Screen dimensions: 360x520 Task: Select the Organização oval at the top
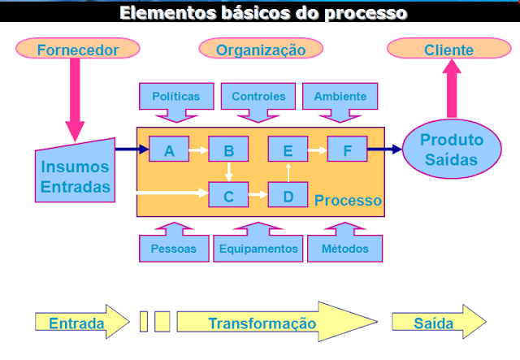coord(261,50)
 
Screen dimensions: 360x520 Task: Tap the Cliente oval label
coord(448,50)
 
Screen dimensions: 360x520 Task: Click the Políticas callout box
coord(175,97)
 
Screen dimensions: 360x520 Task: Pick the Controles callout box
coord(258,97)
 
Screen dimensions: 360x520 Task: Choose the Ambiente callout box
coord(340,97)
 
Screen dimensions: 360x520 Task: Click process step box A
coord(169,150)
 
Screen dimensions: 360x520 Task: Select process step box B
coord(228,150)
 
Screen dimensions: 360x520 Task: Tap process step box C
coord(228,194)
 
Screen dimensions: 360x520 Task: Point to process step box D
coord(288,194)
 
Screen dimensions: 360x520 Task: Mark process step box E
coord(288,150)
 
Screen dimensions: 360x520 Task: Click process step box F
coord(348,150)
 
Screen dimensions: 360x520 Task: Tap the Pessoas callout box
coord(174,247)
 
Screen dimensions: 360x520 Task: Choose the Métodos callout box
coord(344,247)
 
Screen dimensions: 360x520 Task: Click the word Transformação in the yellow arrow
coord(262,323)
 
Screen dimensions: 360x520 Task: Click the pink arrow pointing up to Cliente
coord(452,89)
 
